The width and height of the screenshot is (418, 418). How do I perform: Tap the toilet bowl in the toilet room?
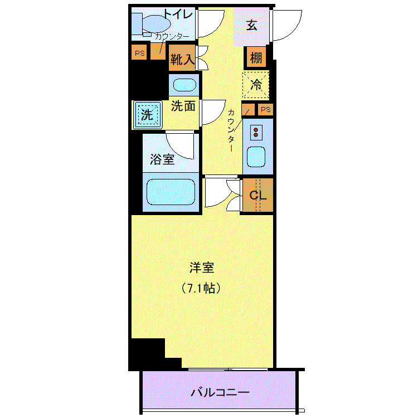point(156,23)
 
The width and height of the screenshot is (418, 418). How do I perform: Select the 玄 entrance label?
point(251,25)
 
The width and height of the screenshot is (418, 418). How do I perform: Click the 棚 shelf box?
point(256,57)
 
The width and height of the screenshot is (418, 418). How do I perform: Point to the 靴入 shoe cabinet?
point(182,58)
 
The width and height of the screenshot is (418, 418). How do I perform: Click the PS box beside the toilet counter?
point(139,52)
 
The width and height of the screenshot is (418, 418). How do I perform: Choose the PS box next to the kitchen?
point(265,109)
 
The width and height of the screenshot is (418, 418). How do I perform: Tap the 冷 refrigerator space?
point(256,85)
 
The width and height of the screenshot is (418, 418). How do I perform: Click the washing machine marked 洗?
point(148,115)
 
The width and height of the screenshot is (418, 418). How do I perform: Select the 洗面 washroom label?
point(183,106)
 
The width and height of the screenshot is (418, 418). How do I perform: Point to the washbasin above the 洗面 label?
point(184,85)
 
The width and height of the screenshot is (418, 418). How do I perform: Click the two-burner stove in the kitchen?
point(256,133)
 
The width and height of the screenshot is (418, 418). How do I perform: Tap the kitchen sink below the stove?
point(256,157)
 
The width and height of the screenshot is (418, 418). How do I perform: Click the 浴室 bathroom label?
point(162,159)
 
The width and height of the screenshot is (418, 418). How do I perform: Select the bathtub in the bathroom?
point(171,192)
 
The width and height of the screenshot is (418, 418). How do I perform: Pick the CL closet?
point(258,195)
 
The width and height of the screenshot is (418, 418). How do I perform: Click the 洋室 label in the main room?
point(202,268)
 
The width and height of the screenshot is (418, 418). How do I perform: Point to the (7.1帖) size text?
point(201,288)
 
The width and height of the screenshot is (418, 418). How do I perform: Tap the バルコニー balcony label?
point(220,392)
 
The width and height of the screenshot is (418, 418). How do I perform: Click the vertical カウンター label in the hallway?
point(231,130)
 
